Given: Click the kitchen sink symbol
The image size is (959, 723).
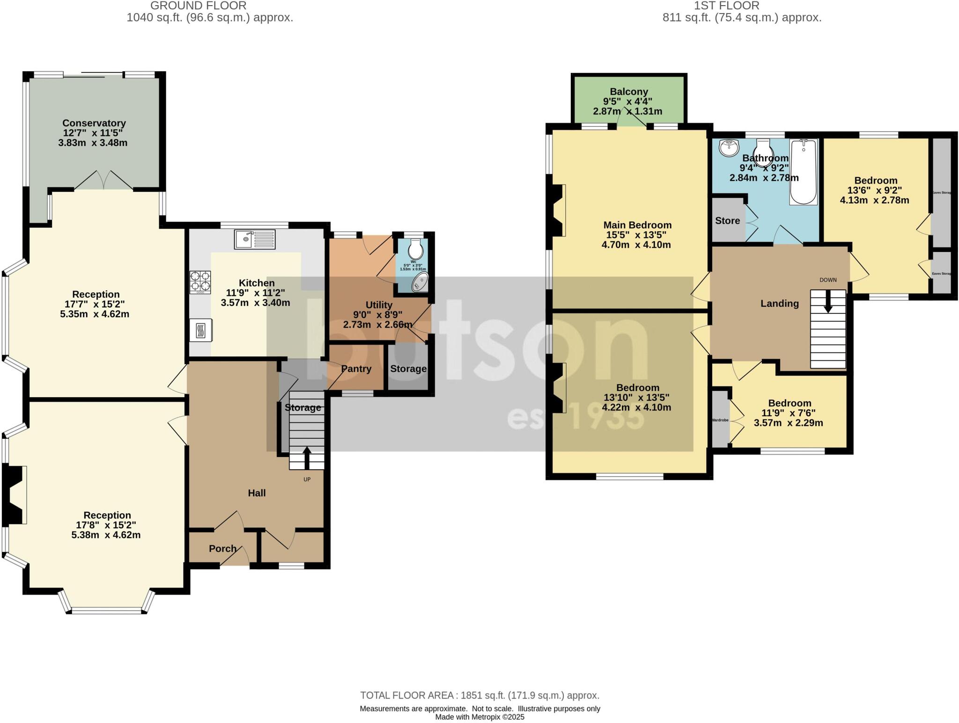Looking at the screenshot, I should (x=254, y=239).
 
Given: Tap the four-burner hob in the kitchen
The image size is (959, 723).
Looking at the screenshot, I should (x=200, y=282).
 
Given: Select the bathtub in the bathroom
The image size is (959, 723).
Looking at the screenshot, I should (x=803, y=172).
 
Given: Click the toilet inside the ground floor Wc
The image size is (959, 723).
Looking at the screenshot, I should (x=415, y=250).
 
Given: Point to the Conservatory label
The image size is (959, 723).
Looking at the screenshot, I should (x=94, y=123).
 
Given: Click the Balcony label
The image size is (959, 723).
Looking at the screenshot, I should (x=628, y=92).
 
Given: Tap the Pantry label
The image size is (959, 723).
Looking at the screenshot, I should (x=356, y=369).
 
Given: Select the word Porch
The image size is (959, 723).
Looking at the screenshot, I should (x=222, y=548).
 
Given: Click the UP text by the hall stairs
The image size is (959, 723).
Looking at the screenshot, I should (x=307, y=479).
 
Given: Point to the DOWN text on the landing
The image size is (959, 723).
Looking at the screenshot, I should (x=827, y=280).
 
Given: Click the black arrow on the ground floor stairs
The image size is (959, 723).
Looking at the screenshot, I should (x=307, y=457).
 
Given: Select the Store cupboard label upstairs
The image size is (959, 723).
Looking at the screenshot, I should (x=727, y=221).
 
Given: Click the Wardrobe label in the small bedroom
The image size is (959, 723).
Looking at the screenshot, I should (x=720, y=420).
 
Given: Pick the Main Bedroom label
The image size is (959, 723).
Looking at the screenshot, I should (x=637, y=225).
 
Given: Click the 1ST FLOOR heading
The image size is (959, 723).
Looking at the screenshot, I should (x=742, y=6).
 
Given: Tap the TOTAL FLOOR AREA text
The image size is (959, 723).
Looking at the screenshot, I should (x=479, y=695).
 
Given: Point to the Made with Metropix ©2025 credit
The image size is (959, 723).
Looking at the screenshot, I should (x=479, y=717).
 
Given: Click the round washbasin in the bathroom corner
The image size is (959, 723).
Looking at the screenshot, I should (x=729, y=148).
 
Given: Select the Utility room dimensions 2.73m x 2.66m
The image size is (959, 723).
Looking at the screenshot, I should (x=378, y=325).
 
